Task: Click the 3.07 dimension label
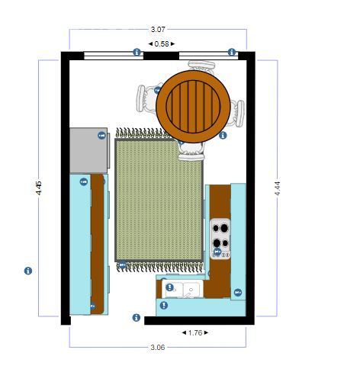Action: [158, 30]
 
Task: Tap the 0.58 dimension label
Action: [162, 44]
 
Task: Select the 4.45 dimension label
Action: [39, 188]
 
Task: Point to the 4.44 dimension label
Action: [277, 188]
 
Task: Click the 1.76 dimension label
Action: [195, 332]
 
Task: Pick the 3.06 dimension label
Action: [158, 347]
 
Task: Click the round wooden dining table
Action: [193, 107]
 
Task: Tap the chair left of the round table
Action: [147, 99]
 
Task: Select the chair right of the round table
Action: [236, 114]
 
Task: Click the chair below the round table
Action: [191, 152]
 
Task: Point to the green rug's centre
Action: [159, 200]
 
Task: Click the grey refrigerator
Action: [88, 150]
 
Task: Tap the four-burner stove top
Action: [220, 239]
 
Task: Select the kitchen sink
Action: [182, 289]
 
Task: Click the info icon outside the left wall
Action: [28, 271]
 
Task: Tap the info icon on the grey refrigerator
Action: [101, 136]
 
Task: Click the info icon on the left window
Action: [137, 52]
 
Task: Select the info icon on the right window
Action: [232, 52]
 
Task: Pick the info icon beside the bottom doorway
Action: [137, 317]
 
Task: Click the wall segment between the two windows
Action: [161, 56]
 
